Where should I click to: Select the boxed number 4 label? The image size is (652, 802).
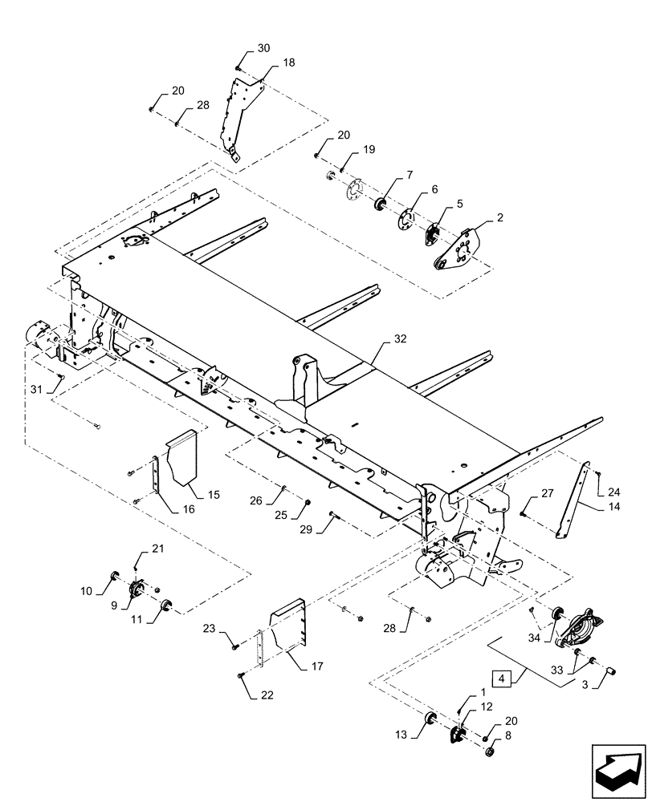(x=503, y=678)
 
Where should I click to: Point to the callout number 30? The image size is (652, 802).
(x=264, y=48)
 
